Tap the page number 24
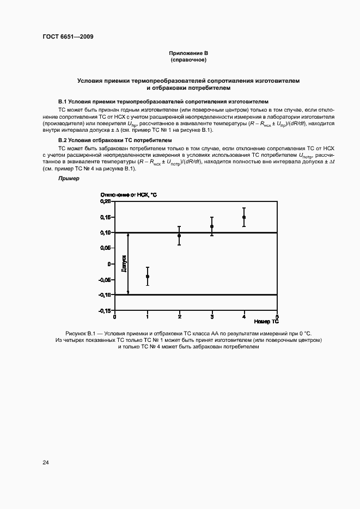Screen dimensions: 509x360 (46, 462)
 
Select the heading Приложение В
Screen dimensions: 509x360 (188, 53)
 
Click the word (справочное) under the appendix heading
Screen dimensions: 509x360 (188, 60)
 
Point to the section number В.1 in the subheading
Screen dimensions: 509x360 (62, 101)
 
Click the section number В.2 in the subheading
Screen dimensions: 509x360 (62, 140)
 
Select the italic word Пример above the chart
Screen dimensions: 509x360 (68, 178)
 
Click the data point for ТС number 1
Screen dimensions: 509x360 (148, 277)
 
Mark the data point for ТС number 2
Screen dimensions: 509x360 (179, 236)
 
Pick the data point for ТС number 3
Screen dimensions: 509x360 (212, 226)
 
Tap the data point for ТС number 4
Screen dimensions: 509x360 (244, 217)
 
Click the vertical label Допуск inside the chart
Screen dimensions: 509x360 (124, 263)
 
